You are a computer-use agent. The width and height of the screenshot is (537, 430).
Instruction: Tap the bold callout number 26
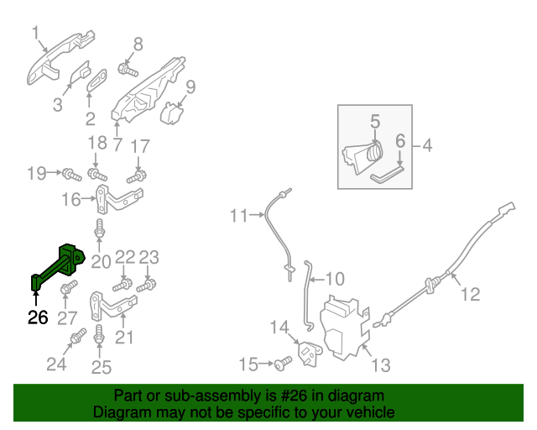tap(38, 318)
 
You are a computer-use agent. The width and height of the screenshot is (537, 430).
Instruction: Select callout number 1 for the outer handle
tap(36, 33)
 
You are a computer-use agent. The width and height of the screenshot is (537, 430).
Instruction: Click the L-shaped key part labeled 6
tap(388, 171)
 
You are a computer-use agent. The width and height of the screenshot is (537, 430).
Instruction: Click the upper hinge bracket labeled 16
tap(117, 199)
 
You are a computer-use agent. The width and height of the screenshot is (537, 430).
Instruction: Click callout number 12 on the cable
tap(471, 294)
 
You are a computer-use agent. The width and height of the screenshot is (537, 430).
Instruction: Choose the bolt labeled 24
tap(76, 338)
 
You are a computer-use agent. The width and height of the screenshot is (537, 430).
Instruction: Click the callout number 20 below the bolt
tap(101, 261)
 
